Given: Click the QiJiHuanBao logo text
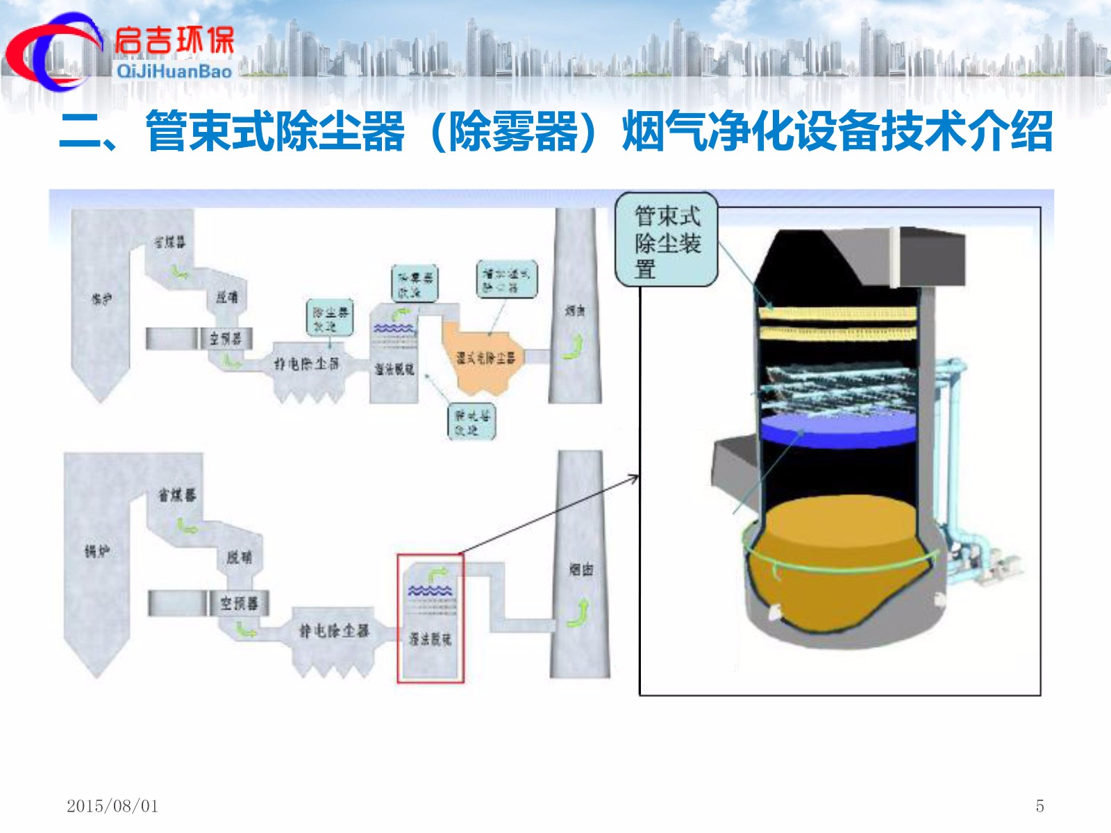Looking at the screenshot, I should tap(174, 71).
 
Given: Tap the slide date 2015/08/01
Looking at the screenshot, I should tap(112, 806).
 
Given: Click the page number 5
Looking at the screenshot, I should tap(1039, 806).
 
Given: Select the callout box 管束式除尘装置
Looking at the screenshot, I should tap(667, 240).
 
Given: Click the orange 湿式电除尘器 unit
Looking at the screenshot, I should tap(485, 357).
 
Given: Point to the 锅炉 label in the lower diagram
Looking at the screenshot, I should tap(97, 551).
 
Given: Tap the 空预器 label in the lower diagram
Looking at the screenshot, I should tap(239, 603).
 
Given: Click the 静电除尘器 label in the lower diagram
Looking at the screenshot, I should tap(334, 630).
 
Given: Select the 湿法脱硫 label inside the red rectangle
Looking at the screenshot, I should tap(430, 639).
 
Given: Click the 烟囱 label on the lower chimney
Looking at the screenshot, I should tap(581, 570).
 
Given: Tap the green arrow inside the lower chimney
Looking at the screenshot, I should tap(578, 613).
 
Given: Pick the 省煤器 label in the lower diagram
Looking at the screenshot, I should tap(177, 495).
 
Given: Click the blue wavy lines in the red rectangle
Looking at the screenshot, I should tap(430, 591).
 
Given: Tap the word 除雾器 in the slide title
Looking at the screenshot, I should tap(513, 131).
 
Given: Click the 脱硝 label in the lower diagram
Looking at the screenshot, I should tap(240, 557).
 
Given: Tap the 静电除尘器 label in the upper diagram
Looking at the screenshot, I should tap(306, 363).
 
